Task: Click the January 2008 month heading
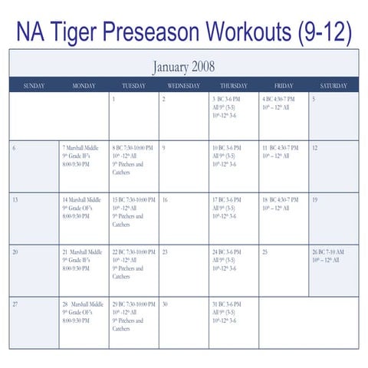[x=183, y=67]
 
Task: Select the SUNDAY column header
[x=34, y=86]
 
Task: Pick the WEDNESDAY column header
[x=183, y=86]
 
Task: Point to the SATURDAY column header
[x=333, y=86]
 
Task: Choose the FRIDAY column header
[x=284, y=86]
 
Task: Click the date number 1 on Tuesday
[x=113, y=99]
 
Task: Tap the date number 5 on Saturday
[x=314, y=99]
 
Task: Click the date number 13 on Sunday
[x=15, y=199]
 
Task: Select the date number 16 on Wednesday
[x=165, y=199]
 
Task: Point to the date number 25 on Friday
[x=265, y=251]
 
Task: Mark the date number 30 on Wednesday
[x=166, y=304]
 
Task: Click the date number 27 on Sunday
[x=15, y=304]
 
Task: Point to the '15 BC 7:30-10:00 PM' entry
[x=133, y=199]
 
